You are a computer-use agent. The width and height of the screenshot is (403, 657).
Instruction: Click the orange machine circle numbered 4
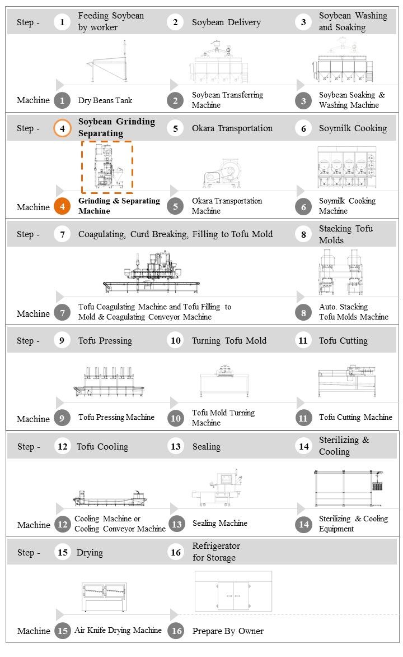coord(63,206)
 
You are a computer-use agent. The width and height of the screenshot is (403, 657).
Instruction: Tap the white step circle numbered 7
coord(63,234)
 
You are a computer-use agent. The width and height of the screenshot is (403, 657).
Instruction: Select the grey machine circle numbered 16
coord(176,631)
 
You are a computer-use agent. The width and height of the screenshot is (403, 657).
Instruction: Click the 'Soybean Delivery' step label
coord(226,22)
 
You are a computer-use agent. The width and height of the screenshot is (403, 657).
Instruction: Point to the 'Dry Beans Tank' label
coord(105,100)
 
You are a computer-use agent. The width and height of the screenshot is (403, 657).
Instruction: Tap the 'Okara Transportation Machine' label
coord(227,206)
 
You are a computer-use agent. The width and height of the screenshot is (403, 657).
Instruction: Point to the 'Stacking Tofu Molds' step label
coord(345,234)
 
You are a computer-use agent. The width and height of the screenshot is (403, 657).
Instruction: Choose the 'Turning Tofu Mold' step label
coord(229,341)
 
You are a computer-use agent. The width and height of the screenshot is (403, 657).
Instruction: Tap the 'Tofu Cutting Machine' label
coord(355,417)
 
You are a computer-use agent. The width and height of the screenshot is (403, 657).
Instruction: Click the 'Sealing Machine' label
coord(219,523)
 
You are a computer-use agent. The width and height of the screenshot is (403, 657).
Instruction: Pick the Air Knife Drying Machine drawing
coord(105,596)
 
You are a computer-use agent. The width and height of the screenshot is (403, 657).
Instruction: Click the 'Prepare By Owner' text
coord(228,631)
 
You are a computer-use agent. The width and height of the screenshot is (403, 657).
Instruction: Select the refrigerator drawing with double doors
coord(233,592)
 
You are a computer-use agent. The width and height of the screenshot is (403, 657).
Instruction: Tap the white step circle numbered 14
coord(304,446)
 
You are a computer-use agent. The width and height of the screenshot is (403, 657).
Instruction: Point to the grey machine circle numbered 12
coord(63,525)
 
